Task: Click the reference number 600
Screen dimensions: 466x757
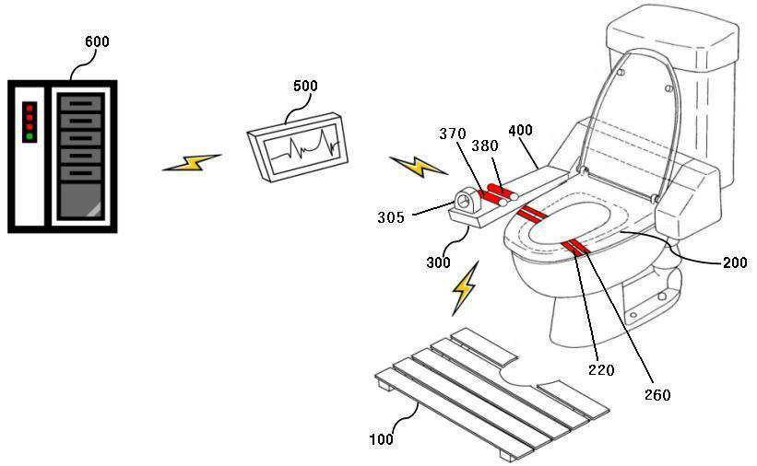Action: pyautogui.click(x=96, y=42)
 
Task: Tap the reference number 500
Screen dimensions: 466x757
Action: pyautogui.click(x=305, y=87)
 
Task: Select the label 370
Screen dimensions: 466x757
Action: pyautogui.click(x=454, y=134)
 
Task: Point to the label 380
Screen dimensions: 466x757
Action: pyautogui.click(x=485, y=146)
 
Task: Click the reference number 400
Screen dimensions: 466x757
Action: pyautogui.click(x=520, y=131)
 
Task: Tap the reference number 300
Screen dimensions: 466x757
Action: pyautogui.click(x=438, y=262)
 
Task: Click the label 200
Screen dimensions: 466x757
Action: pyautogui.click(x=735, y=262)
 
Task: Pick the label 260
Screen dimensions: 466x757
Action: pyautogui.click(x=657, y=395)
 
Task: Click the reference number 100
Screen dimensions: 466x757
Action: pyautogui.click(x=381, y=439)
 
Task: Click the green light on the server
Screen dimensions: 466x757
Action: pyautogui.click(x=29, y=136)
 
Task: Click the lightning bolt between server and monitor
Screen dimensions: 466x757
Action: pyautogui.click(x=192, y=163)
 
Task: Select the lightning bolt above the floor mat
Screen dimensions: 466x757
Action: pyautogui.click(x=465, y=288)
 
